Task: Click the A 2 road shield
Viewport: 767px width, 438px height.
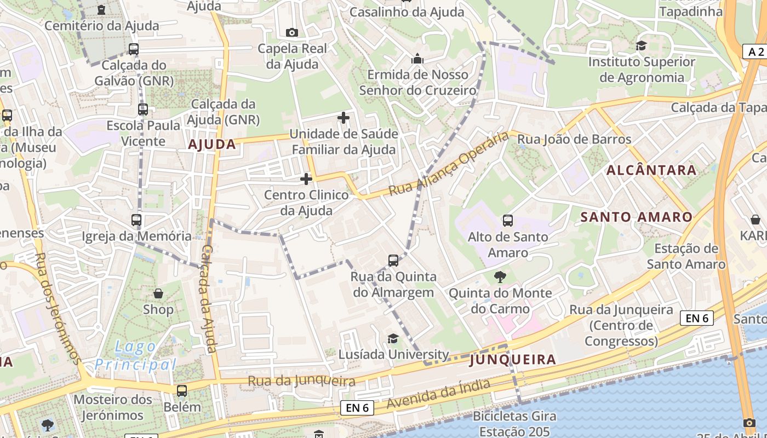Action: tap(755, 52)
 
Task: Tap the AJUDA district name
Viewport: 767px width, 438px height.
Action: tap(212, 145)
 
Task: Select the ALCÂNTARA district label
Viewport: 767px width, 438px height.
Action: tap(651, 170)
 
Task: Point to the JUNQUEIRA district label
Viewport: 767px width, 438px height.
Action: tap(513, 360)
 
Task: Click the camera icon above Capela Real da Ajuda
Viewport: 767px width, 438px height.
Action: tap(292, 32)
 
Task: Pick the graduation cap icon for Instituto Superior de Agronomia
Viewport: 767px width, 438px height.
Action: tap(641, 45)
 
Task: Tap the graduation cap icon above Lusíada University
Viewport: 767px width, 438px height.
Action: tap(393, 338)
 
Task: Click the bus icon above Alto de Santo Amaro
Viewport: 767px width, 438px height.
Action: tap(508, 221)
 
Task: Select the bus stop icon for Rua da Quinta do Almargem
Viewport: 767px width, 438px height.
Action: tap(393, 260)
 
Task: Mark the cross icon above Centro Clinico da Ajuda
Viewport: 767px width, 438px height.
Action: tap(306, 179)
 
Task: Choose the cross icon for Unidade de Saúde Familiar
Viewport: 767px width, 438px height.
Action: tap(344, 118)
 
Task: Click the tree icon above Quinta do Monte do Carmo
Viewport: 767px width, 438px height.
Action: tap(500, 277)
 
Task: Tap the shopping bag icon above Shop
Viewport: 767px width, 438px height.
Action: tap(158, 293)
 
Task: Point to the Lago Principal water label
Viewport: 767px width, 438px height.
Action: tap(135, 356)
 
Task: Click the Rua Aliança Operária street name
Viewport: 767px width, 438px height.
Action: tap(449, 164)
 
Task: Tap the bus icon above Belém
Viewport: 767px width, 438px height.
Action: tap(182, 391)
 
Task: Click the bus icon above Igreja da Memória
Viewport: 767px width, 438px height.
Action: tap(136, 220)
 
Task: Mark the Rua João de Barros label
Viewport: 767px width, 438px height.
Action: tap(575, 139)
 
